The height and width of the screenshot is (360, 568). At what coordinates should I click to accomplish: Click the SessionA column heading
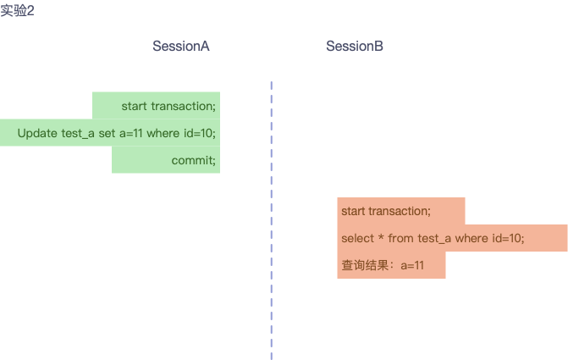(180, 47)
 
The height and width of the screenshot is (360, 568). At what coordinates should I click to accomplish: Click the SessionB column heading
(355, 47)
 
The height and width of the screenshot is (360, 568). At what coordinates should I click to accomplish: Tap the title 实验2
(18, 12)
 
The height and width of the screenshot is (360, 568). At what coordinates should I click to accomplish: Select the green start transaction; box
(168, 106)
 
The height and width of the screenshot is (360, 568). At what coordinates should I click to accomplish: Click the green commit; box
(193, 160)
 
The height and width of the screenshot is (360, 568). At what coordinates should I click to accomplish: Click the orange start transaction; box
(385, 211)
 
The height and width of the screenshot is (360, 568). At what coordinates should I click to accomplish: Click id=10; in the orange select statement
(508, 238)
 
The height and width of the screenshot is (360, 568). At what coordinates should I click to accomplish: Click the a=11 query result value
(411, 265)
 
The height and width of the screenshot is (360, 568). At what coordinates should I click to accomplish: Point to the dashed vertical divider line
(271, 220)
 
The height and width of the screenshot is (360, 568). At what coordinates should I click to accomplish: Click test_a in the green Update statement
(78, 133)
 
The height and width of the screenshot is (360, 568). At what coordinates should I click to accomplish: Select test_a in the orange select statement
(435, 238)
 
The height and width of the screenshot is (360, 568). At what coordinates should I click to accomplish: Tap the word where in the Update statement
(163, 133)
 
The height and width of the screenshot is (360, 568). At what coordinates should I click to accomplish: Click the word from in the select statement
(401, 238)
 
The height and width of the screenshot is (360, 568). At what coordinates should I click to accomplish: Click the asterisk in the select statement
(380, 238)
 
